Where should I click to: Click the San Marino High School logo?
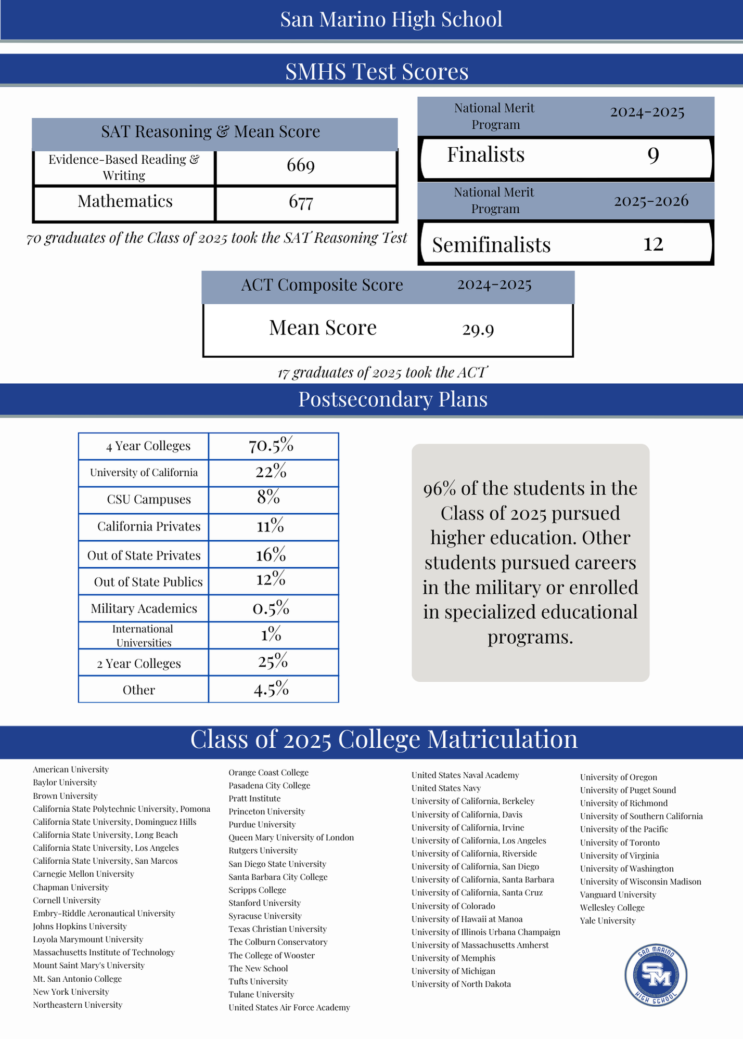(x=656, y=976)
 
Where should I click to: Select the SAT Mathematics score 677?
(x=301, y=202)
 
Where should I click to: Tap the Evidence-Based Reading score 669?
(x=301, y=166)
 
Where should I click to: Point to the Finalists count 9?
(x=653, y=155)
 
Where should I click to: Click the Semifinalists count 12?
(x=653, y=244)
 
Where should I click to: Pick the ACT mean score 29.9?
(x=478, y=330)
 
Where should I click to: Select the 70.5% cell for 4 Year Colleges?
(x=271, y=446)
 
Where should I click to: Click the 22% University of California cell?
(x=271, y=472)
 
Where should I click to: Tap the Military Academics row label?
(x=144, y=608)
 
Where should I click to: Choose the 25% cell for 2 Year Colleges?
(x=273, y=662)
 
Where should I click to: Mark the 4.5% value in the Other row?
(x=271, y=690)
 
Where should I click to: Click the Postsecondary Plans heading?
(x=393, y=399)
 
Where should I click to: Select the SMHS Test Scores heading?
(x=377, y=71)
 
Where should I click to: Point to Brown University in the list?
(x=65, y=796)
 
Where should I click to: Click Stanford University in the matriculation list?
(x=264, y=903)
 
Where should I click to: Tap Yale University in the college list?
(x=608, y=921)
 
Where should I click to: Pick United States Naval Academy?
(x=465, y=775)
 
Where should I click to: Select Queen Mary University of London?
(x=291, y=838)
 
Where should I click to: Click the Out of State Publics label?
(x=148, y=582)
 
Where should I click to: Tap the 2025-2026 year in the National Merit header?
(x=651, y=201)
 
